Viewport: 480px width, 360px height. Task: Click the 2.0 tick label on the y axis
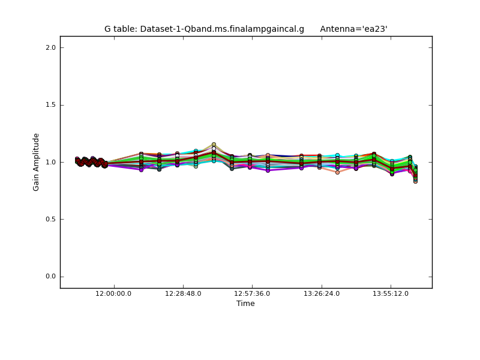pos(50,47)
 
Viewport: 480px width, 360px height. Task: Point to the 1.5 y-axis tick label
pos(50,105)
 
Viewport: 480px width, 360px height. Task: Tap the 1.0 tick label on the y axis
pos(50,162)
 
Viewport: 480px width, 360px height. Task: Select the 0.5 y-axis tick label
pos(50,219)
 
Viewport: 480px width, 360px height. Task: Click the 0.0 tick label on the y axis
pos(50,277)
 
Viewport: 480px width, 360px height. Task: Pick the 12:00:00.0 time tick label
pos(114,293)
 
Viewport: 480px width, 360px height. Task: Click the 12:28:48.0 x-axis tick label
pos(183,293)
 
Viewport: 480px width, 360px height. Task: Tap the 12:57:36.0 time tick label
pos(252,293)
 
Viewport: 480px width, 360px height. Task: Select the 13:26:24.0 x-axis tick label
pos(322,293)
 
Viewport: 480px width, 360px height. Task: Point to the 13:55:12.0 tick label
pos(391,293)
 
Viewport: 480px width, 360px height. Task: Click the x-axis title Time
pos(245,304)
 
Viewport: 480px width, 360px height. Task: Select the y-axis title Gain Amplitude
pos(36,162)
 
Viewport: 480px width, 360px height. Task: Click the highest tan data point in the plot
pos(214,145)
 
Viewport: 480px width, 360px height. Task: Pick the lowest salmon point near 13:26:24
pos(337,172)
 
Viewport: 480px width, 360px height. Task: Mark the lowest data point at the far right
pos(415,181)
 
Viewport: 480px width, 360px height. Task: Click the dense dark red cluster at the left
pos(90,161)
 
